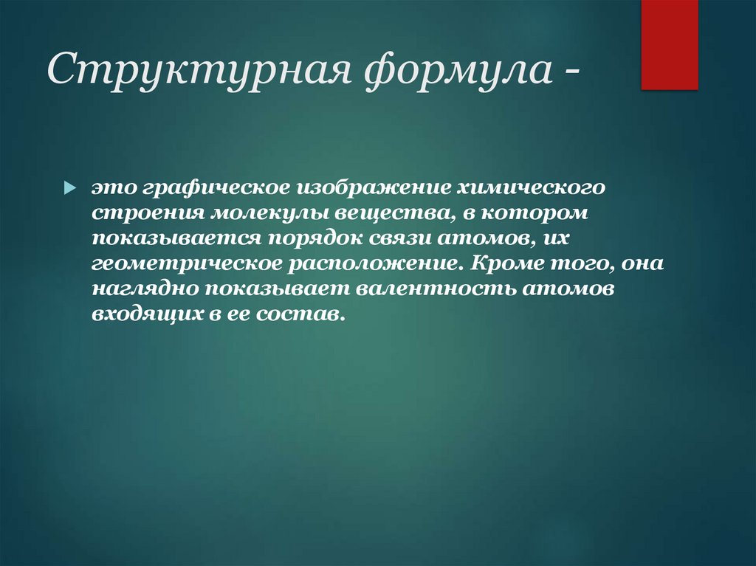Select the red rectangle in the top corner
(669, 44)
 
